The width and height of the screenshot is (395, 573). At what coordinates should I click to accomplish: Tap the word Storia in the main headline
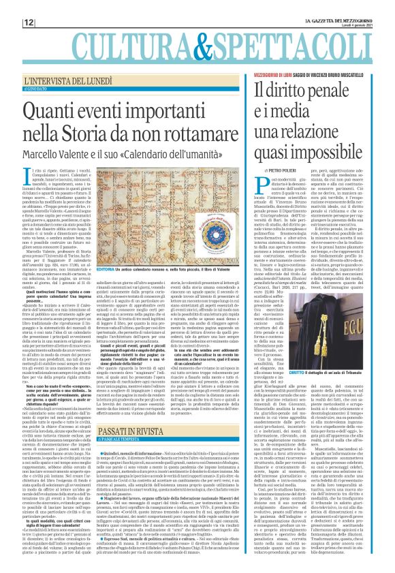tap(115, 132)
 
